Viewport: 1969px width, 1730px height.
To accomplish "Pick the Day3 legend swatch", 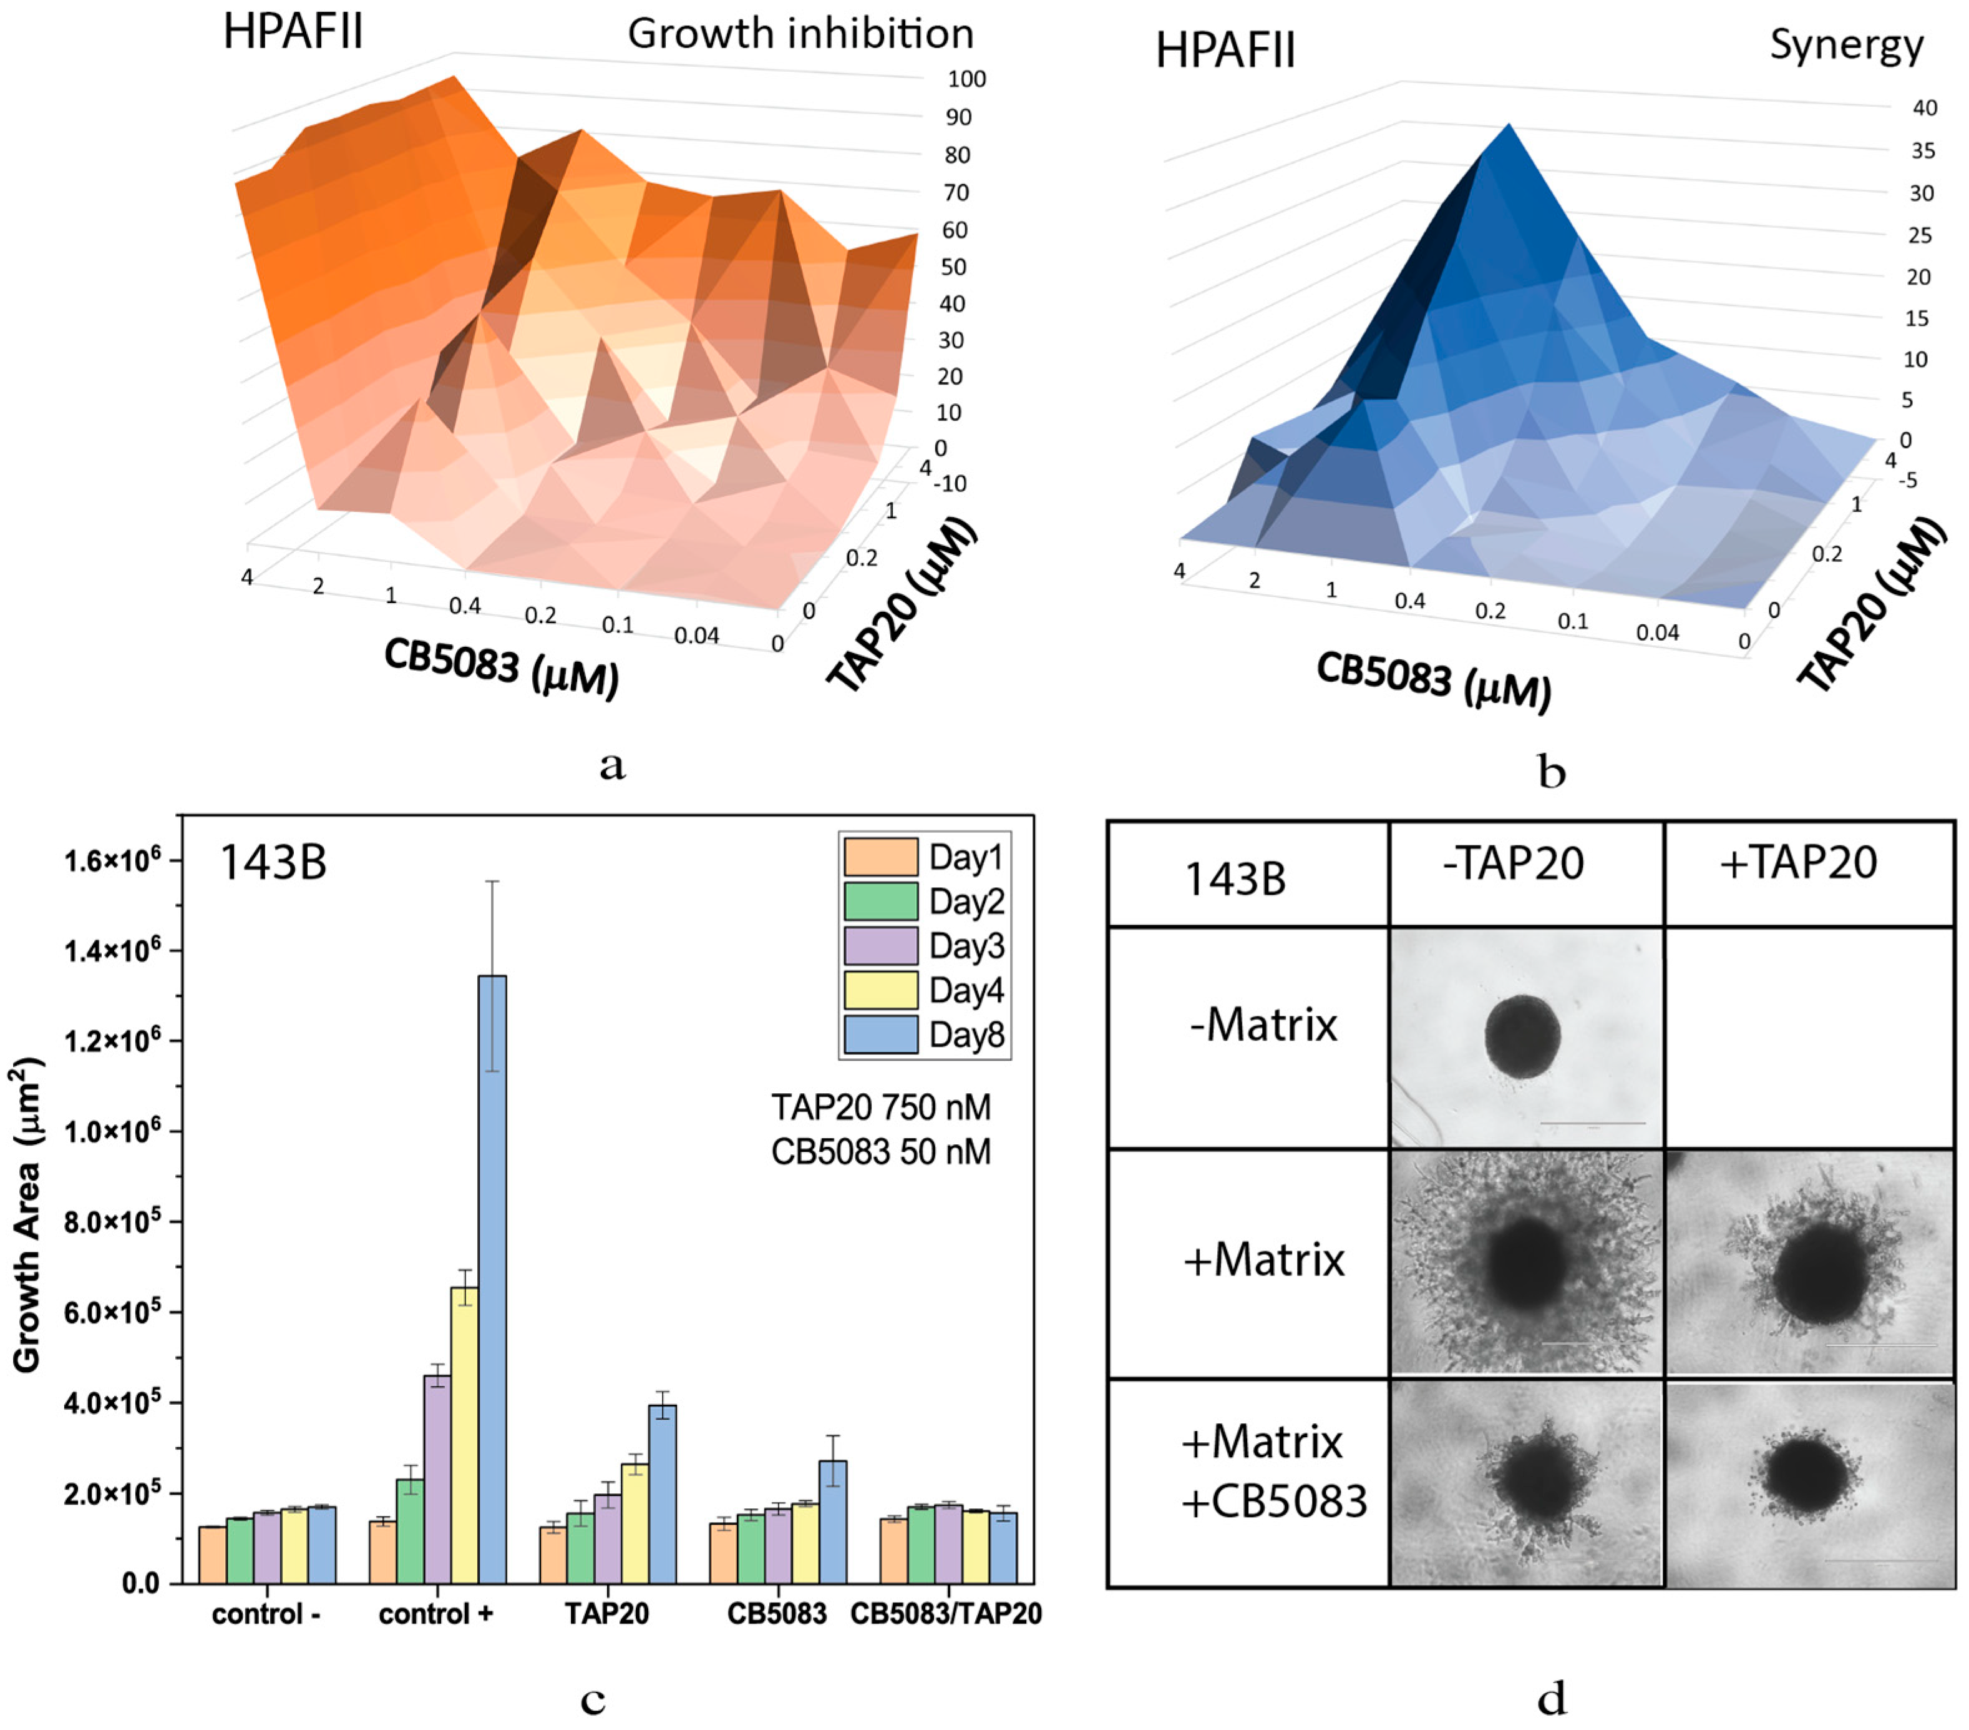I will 880,946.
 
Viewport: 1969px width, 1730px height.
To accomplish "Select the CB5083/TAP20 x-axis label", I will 945,1615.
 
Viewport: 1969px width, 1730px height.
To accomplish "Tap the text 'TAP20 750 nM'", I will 880,1108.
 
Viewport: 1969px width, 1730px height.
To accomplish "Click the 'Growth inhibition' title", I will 800,35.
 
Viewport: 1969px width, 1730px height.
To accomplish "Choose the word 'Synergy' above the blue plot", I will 1845,46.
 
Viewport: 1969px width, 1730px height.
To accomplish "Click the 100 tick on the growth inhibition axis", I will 965,79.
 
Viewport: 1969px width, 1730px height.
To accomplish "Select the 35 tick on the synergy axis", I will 1923,151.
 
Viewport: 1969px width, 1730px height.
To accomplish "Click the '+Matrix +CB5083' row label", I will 1273,1471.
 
